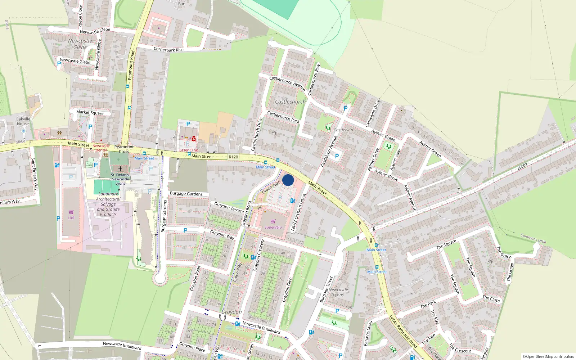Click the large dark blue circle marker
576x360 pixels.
[288, 180]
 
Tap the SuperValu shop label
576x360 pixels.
[273, 227]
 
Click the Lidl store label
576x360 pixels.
[71, 218]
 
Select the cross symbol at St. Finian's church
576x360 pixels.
[120, 168]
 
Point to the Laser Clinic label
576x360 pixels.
[189, 150]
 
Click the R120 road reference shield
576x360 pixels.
[233, 157]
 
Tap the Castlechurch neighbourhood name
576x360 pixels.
[290, 102]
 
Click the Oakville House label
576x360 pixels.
[23, 121]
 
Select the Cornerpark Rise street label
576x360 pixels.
[168, 49]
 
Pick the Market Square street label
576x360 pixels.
[90, 113]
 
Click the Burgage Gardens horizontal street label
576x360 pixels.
[186, 194]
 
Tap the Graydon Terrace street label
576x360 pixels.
[229, 207]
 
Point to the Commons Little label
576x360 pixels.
[533, 238]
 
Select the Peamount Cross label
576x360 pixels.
[124, 149]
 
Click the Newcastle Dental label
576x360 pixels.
[101, 148]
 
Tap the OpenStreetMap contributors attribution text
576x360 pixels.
[548, 356]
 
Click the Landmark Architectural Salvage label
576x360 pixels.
[108, 204]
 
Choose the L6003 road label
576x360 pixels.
[523, 167]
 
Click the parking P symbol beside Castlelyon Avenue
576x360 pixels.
[337, 156]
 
